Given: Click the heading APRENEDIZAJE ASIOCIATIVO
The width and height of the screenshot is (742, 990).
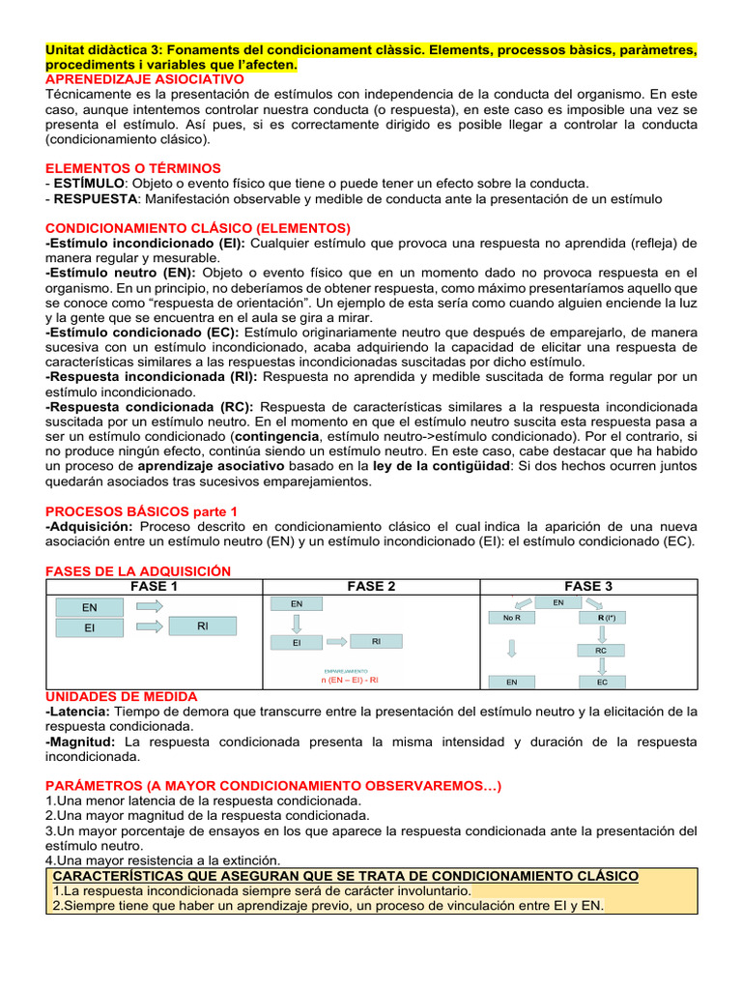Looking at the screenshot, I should click(145, 78).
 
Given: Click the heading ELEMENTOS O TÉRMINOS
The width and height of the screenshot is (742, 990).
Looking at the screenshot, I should click(133, 168).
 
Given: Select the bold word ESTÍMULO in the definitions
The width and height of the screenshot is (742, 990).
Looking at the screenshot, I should click(89, 183).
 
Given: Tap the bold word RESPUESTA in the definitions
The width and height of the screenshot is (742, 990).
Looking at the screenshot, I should click(96, 198).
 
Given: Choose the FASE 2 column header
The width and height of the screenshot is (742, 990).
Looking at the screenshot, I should click(371, 586).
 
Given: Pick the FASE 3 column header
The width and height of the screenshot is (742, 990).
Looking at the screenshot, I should click(588, 586).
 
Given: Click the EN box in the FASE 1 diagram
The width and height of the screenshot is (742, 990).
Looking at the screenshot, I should click(89, 607).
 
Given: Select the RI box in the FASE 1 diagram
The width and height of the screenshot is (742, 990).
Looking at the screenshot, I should click(203, 626).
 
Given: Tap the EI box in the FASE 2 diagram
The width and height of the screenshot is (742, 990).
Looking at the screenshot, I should click(297, 642).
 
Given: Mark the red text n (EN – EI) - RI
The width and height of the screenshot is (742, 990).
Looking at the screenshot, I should click(350, 680).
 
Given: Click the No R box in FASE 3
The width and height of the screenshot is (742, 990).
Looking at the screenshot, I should click(512, 617).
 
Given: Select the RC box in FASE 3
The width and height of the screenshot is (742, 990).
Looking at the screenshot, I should click(601, 652).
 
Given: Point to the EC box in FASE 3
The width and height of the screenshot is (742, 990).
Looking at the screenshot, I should click(601, 682).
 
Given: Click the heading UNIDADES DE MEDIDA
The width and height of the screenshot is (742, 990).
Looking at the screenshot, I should click(122, 696).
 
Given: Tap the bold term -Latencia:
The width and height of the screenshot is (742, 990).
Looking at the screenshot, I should click(78, 712).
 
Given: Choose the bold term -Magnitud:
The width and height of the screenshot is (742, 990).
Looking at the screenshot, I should click(81, 742).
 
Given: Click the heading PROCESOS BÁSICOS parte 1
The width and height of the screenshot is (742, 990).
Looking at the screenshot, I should click(141, 510).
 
